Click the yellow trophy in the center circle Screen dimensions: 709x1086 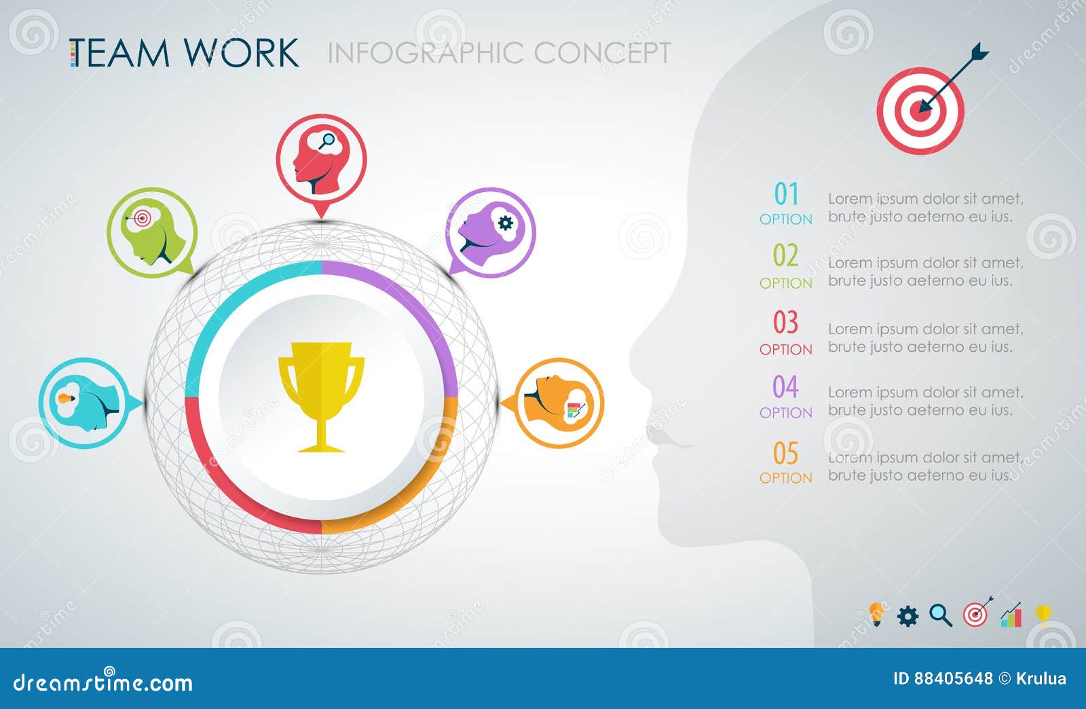[x=321, y=396]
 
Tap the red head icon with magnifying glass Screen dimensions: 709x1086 [x=321, y=160]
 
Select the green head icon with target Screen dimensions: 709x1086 [x=152, y=232]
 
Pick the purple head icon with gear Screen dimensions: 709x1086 [x=491, y=232]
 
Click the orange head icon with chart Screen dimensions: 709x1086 [x=559, y=403]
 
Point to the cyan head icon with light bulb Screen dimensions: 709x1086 [x=84, y=403]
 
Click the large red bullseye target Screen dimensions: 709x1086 [x=920, y=110]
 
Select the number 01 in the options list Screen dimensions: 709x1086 [x=786, y=195]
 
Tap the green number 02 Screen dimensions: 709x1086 [x=786, y=256]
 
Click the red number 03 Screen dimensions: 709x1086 [x=786, y=323]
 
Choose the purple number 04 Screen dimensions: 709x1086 [x=786, y=387]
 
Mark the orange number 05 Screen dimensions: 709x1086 [x=786, y=453]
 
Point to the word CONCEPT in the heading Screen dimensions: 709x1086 [x=602, y=53]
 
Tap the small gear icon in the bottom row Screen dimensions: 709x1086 [x=907, y=616]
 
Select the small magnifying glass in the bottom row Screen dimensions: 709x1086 [x=941, y=615]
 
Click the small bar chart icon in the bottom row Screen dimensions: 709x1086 [x=1011, y=615]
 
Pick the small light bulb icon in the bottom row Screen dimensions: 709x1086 [x=876, y=614]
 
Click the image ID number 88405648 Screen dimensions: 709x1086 [x=953, y=678]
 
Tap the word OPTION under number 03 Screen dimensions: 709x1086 [x=786, y=349]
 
